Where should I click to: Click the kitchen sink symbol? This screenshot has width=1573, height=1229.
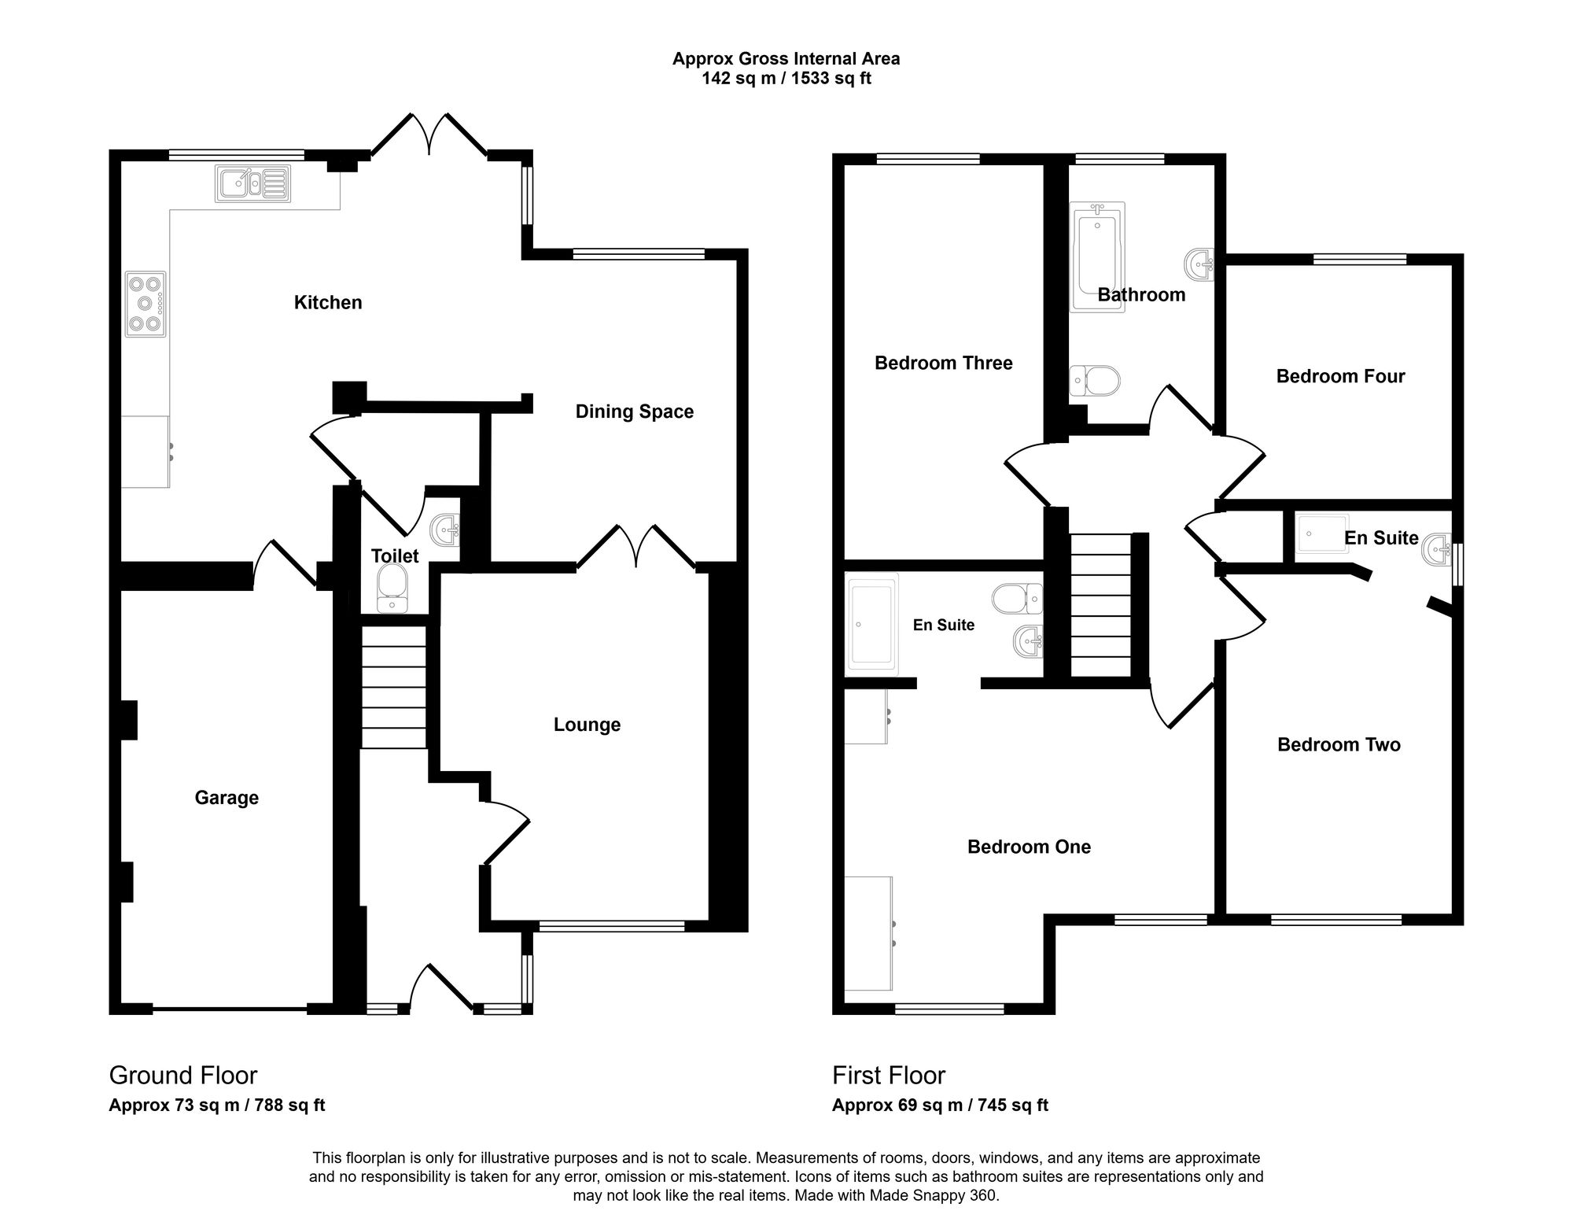coord(252,183)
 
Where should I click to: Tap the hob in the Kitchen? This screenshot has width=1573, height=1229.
coord(146,304)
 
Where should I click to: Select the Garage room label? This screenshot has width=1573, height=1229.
coord(227,798)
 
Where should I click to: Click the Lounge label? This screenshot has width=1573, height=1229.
coord(587,725)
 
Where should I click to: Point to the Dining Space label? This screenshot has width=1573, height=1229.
coord(635,412)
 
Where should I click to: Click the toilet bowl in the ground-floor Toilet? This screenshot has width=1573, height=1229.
coord(392,591)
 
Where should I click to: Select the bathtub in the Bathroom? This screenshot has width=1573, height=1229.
coord(1097,257)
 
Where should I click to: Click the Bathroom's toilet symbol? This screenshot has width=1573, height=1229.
coord(1095,382)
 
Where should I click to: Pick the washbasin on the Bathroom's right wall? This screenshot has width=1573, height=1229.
coord(1200,264)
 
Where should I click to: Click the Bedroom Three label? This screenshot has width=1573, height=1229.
coord(944,363)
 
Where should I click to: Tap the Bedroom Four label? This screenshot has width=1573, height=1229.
coord(1340,376)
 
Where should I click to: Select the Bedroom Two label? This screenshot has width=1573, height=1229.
coord(1339,744)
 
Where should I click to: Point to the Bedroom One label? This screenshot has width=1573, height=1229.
coord(1029,847)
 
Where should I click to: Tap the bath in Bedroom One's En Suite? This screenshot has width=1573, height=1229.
coord(872,624)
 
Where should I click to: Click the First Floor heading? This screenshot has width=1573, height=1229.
coord(889,1075)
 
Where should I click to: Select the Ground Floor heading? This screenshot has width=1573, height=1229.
coord(183,1075)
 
